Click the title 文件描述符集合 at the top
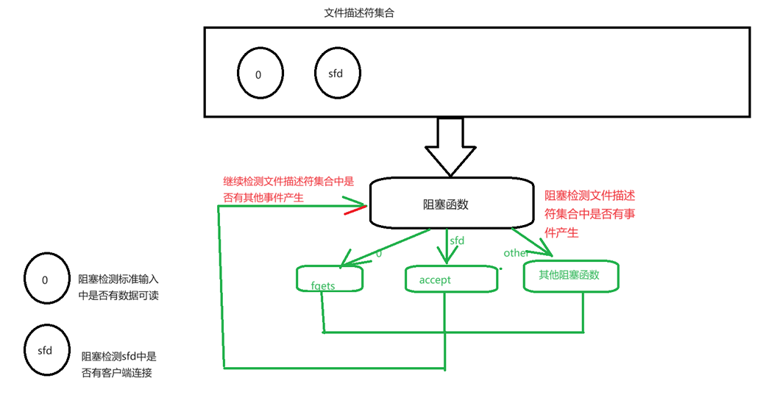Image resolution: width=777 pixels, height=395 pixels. click(363, 13)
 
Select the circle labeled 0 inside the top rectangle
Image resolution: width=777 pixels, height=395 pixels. click(258, 75)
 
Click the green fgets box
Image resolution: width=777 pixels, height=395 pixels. click(329, 279)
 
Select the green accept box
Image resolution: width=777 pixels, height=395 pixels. click(451, 279)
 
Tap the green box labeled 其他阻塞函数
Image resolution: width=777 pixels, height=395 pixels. click(571, 276)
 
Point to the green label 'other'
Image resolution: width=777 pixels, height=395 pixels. click(516, 253)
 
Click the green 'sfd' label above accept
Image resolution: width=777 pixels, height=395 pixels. click(457, 241)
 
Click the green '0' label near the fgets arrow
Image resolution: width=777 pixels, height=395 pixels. click(379, 254)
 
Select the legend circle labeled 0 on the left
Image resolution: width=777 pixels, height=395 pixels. click(45, 280)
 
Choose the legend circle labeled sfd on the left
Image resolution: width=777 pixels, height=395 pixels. click(45, 350)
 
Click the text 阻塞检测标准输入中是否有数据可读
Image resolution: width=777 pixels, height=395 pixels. click(118, 287)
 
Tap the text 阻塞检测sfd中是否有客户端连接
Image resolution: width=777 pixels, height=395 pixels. click(118, 364)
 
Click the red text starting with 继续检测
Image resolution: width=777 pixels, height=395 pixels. click(288, 188)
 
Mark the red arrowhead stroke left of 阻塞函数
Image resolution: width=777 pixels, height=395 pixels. click(355, 212)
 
